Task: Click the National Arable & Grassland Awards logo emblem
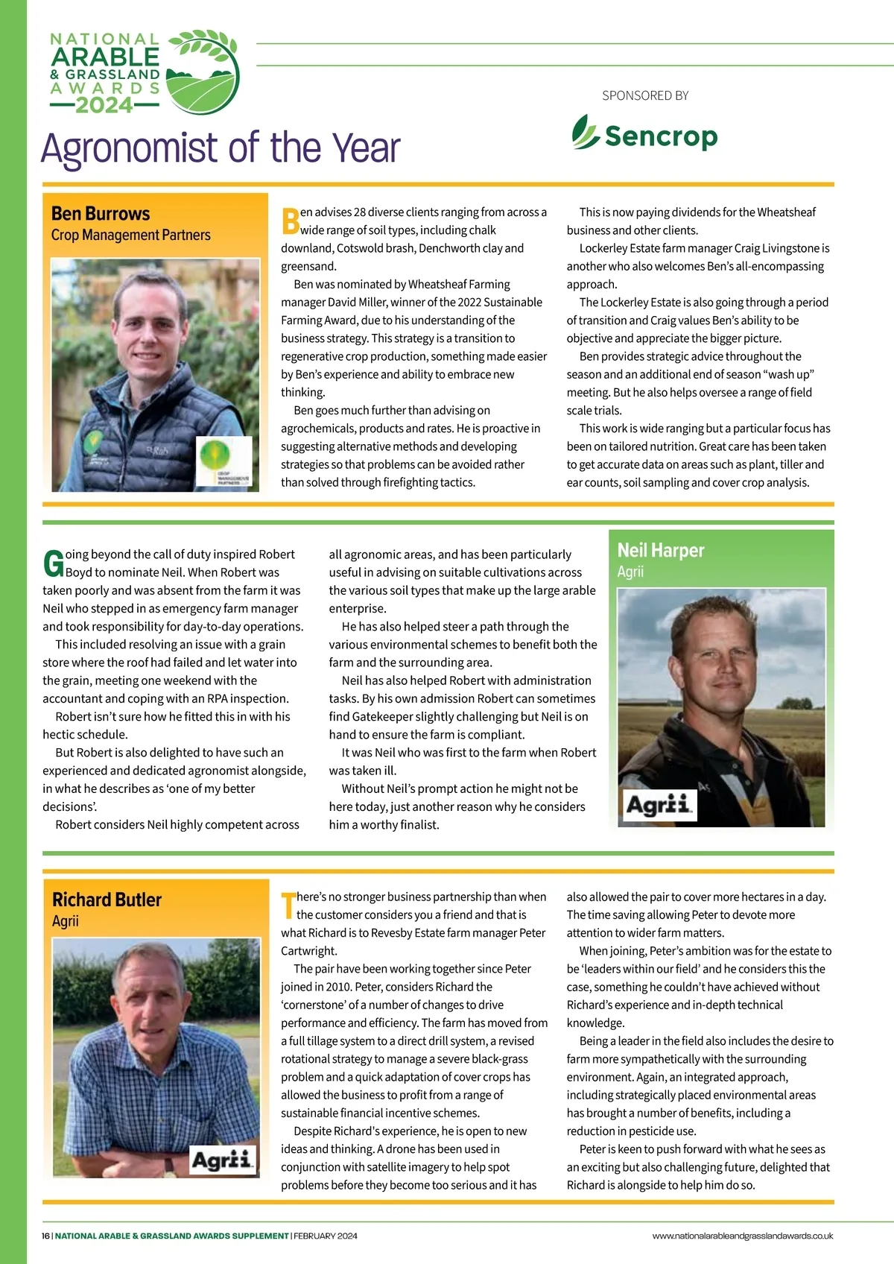click(x=202, y=72)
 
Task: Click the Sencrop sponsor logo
click(x=644, y=135)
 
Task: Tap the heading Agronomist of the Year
click(x=221, y=148)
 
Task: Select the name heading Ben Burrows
click(x=101, y=214)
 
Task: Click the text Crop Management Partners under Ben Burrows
click(x=130, y=235)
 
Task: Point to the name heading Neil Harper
click(x=661, y=550)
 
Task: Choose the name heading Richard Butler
click(x=107, y=900)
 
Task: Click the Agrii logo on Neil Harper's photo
click(x=660, y=805)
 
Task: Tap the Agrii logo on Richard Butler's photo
click(x=223, y=1160)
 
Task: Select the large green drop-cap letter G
click(x=53, y=563)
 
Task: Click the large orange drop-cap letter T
click(x=288, y=905)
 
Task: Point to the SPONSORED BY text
click(x=645, y=95)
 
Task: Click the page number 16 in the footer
click(x=45, y=1236)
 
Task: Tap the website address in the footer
click(x=742, y=1236)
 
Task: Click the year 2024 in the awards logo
click(x=104, y=105)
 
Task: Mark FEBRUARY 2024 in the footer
click(x=326, y=1236)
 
